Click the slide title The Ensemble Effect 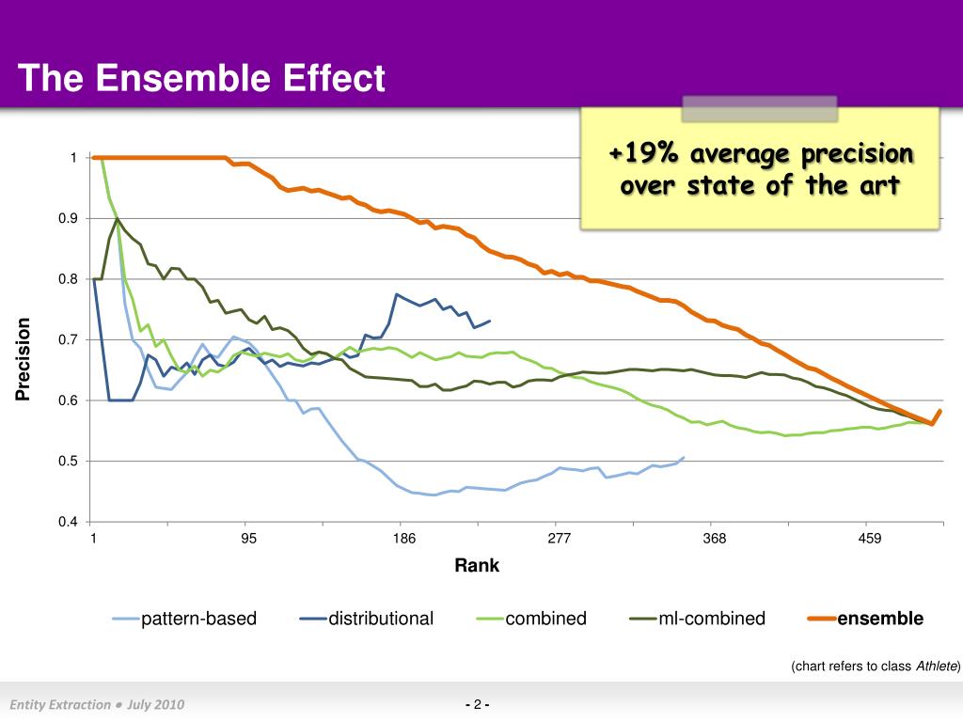[201, 78]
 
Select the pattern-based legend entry [198, 619]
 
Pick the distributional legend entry [380, 619]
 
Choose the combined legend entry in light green [545, 619]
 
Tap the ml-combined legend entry [711, 619]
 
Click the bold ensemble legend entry [880, 619]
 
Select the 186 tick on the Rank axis [403, 539]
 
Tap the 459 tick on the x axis [869, 539]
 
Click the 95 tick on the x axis [248, 539]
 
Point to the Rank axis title [477, 566]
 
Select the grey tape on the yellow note [759, 108]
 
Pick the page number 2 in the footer [478, 705]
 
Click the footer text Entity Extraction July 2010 [97, 705]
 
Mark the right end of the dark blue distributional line [490, 321]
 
